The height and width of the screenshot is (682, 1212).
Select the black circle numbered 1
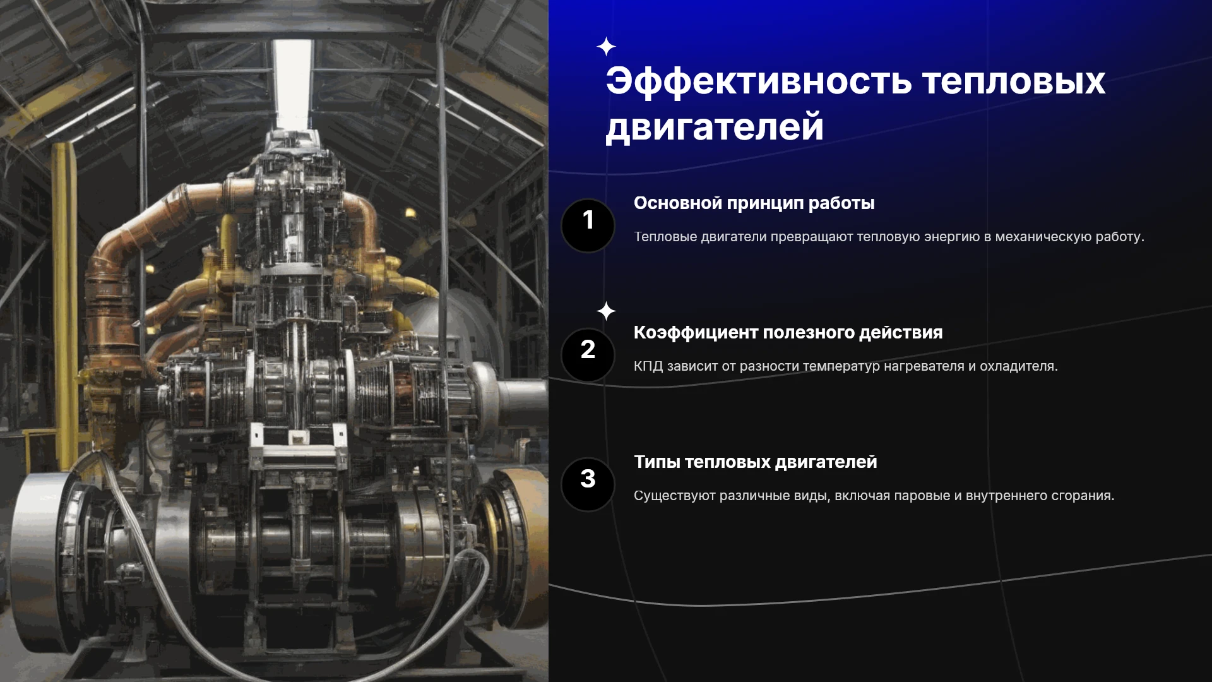coord(588,225)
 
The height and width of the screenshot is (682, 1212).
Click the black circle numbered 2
coord(588,355)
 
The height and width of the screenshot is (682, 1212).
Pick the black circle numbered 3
coord(588,484)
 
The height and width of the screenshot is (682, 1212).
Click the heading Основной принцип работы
coord(754,203)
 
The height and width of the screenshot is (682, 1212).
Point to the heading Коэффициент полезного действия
coord(788,333)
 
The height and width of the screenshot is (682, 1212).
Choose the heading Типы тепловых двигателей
coord(755,462)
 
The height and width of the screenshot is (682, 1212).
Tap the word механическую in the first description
coord(1043,237)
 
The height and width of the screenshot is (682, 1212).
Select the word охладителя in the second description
coord(1018,366)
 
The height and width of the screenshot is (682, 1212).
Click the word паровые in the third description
coord(922,496)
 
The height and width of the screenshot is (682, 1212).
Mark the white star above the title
coord(606,47)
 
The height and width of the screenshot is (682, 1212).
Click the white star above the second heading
coord(606,311)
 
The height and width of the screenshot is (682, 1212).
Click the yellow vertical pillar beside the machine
coord(64,303)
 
